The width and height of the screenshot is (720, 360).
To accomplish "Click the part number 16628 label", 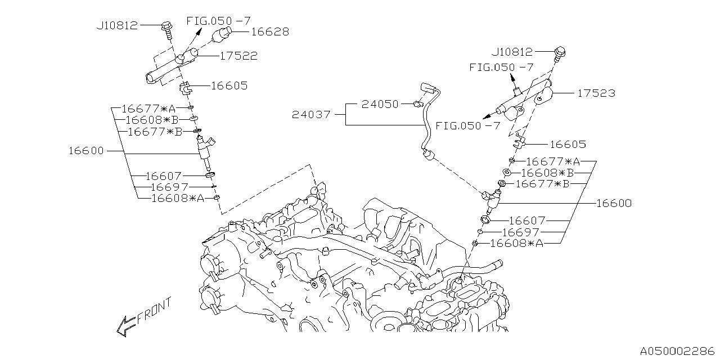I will point(270,32).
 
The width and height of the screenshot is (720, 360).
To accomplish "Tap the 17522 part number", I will point(238,56).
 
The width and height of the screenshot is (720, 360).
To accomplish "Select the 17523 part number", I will point(596,93).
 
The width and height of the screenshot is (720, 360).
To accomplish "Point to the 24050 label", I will point(380,104).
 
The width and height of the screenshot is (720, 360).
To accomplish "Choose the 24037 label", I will point(311,115).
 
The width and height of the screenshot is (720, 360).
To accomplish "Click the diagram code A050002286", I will point(676,350).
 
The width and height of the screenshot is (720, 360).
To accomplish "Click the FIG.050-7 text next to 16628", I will point(218,21).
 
